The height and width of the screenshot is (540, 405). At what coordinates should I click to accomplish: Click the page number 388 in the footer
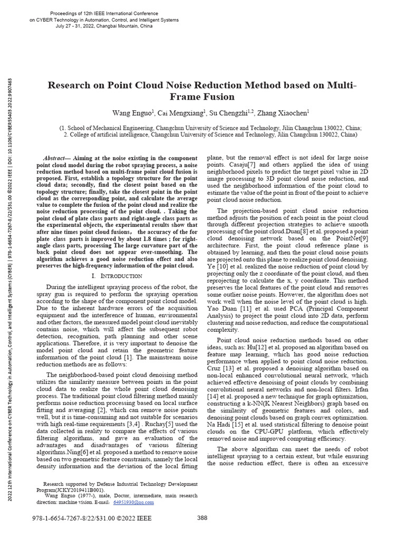[x=202, y=518]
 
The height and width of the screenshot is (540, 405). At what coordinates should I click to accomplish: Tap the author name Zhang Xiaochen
[x=286, y=113]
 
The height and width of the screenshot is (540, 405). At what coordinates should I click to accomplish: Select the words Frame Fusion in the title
[x=202, y=97]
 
